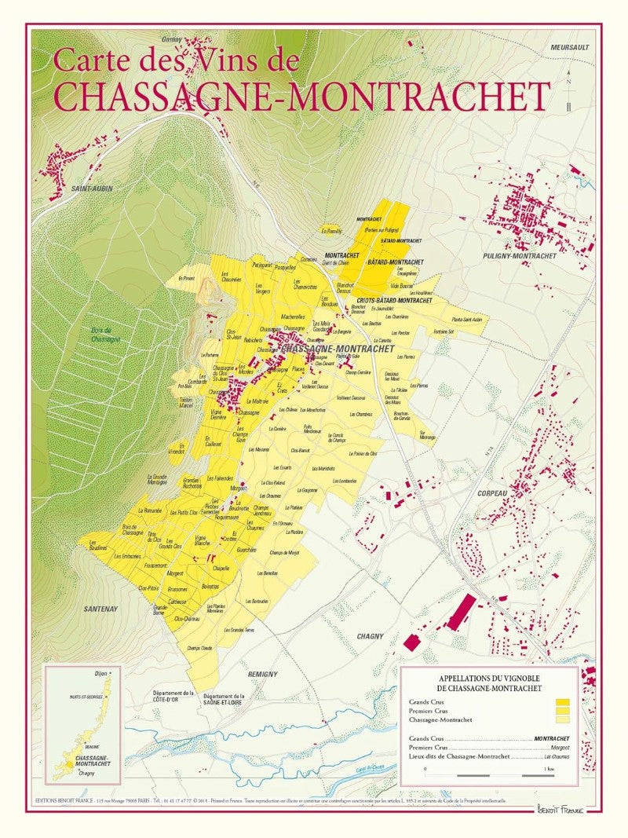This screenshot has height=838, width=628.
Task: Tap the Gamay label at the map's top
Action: coord(172,39)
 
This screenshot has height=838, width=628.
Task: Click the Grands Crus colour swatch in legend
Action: coord(561,702)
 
